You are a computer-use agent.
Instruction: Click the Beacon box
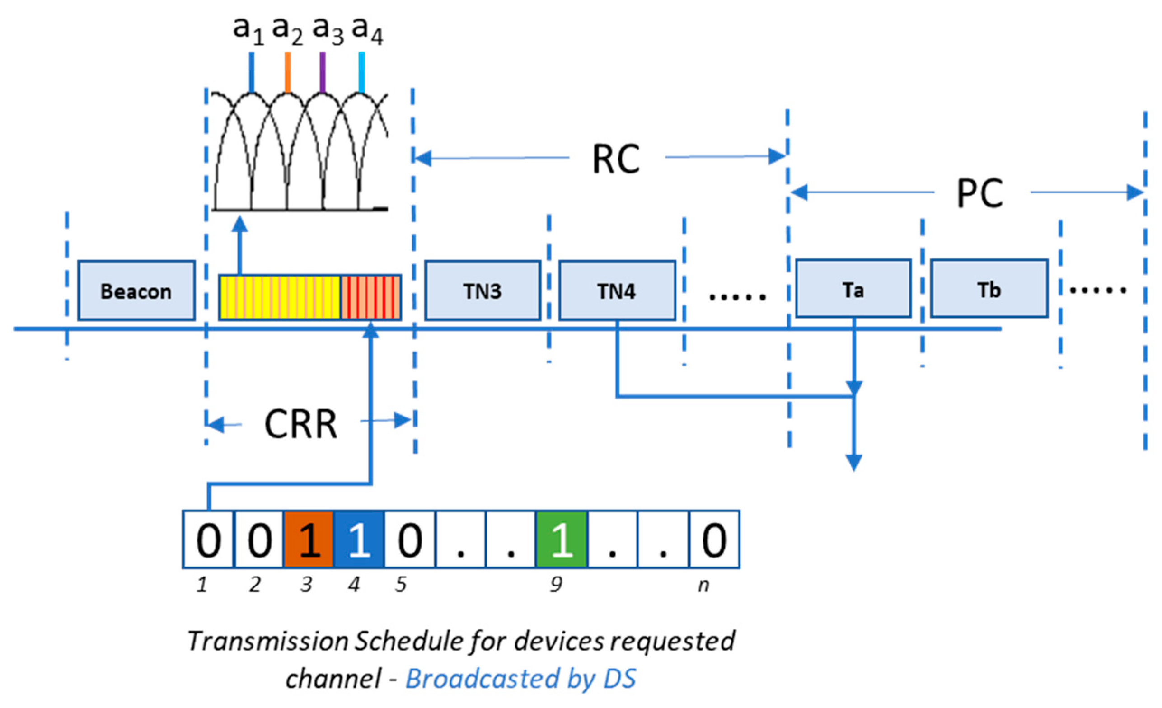pos(136,291)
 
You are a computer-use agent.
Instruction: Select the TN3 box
pos(483,291)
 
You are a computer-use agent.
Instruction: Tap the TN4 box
pos(617,291)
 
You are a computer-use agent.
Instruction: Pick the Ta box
pos(853,289)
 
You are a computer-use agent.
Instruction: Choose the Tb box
pos(989,289)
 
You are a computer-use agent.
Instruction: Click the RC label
pos(616,159)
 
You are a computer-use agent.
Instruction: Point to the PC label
pos(980,193)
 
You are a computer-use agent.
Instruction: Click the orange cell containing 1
pos(309,539)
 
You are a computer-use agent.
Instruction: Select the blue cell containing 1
pos(359,539)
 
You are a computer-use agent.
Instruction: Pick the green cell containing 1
pos(562,539)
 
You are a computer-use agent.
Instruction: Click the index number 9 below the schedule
pos(556,584)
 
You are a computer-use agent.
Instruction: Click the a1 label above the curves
pos(248,29)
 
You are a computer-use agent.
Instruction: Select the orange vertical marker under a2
pos(288,72)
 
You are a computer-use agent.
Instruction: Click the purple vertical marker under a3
pos(323,72)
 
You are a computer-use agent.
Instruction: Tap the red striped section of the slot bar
pos(370,297)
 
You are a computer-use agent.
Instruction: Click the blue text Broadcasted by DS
pos(520,678)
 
